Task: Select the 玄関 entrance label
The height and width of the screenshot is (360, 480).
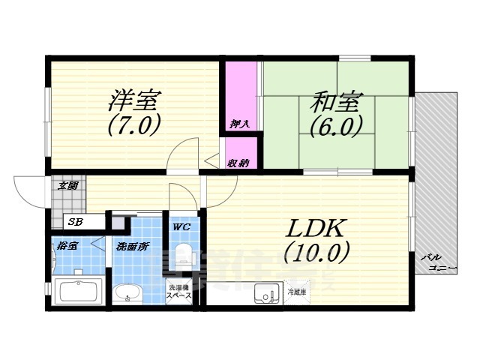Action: [68, 185]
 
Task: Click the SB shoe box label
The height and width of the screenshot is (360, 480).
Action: [75, 221]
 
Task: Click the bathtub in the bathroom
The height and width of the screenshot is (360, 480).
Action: [79, 291]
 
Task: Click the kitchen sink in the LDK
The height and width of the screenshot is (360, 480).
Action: [265, 294]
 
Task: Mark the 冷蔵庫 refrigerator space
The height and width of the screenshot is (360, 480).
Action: [296, 292]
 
